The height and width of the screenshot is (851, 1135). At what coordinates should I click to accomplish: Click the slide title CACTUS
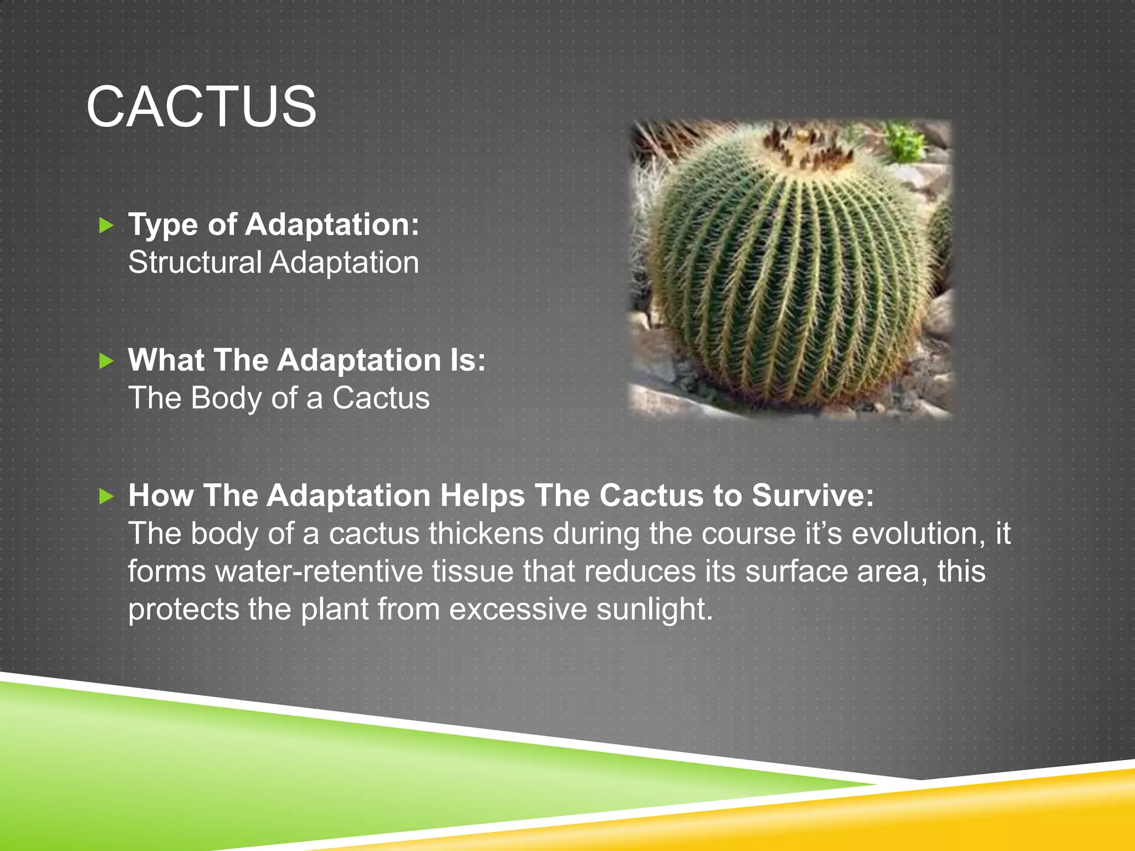pyautogui.click(x=201, y=106)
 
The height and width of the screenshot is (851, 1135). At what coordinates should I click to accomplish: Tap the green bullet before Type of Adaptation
pyautogui.click(x=106, y=225)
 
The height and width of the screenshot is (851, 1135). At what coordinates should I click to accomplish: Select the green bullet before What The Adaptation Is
pyautogui.click(x=106, y=361)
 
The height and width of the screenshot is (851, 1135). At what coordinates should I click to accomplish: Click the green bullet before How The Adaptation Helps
pyautogui.click(x=106, y=496)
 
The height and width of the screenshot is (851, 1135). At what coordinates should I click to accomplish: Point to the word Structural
pyautogui.click(x=195, y=262)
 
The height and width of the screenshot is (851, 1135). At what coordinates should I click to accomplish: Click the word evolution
pyautogui.click(x=914, y=534)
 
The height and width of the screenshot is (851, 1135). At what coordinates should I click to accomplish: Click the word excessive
pyautogui.click(x=518, y=609)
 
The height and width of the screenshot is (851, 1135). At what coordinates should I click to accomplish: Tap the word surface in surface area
pyautogui.click(x=796, y=571)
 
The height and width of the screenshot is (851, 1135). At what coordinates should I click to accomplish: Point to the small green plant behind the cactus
pyautogui.click(x=903, y=141)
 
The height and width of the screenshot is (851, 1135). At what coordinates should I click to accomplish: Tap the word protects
pyautogui.click(x=183, y=609)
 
